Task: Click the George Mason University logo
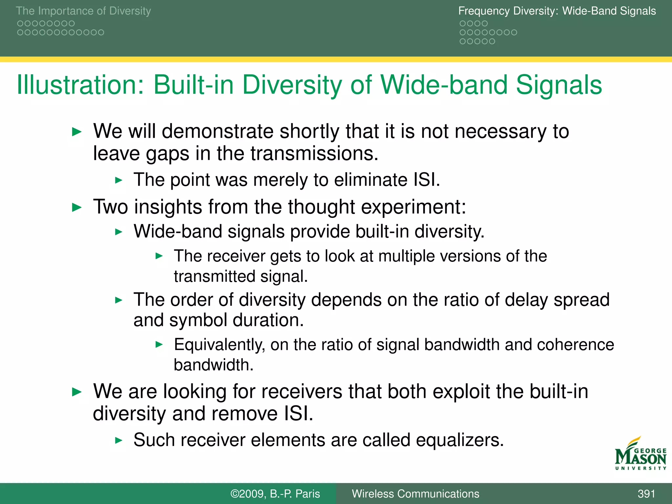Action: tap(640, 454)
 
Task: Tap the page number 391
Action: tap(646, 494)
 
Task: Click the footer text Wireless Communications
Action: tap(415, 494)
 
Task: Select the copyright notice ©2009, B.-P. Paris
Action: tap(275, 494)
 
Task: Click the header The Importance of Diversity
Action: tap(83, 11)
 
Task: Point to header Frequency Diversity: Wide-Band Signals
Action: tap(557, 11)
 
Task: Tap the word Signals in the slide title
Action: tap(559, 85)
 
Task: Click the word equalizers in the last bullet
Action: tap(459, 440)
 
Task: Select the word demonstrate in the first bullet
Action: tap(218, 131)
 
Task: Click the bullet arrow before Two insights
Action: tap(76, 207)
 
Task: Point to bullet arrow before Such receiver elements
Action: tap(119, 440)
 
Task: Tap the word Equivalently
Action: tap(219, 345)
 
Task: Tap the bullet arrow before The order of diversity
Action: tap(119, 300)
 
